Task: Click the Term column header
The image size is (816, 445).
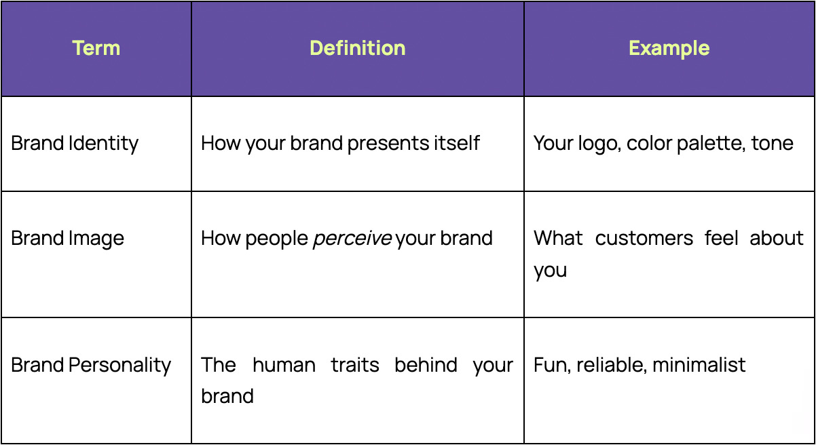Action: point(96,48)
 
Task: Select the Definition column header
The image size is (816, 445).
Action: point(357,48)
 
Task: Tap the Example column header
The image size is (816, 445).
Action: point(669,48)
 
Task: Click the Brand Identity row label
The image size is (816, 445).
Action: point(75,143)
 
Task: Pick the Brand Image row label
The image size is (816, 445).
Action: point(68,239)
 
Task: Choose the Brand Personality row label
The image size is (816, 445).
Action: point(91,365)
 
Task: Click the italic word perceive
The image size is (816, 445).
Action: point(352,239)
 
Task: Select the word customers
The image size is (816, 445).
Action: point(644,239)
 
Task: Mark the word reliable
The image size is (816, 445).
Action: point(612,365)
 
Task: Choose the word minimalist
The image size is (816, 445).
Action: point(699,365)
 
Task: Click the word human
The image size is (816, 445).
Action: point(284,365)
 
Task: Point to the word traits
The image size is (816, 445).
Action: point(355,365)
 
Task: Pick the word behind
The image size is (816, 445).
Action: point(426,365)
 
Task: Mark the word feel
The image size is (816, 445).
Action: point(721,239)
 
